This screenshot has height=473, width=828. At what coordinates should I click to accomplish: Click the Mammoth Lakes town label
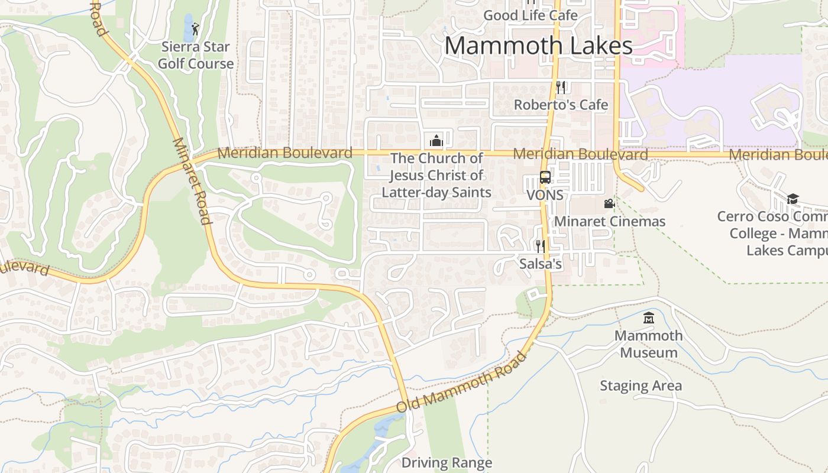tap(538, 46)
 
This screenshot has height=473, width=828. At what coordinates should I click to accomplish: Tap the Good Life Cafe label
tap(530, 15)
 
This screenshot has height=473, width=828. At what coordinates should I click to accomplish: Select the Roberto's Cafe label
tap(561, 105)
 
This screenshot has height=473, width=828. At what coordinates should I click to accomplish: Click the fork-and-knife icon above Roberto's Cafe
tap(561, 88)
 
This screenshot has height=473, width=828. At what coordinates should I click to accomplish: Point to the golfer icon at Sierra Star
tap(195, 28)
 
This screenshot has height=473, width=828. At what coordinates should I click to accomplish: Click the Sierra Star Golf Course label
tap(196, 55)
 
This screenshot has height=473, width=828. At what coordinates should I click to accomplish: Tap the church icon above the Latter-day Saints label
tap(436, 141)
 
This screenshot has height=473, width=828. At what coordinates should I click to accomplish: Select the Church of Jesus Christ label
tap(436, 175)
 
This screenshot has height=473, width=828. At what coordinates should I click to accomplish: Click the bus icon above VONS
tap(545, 177)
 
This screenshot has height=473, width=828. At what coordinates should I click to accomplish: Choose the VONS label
tap(545, 195)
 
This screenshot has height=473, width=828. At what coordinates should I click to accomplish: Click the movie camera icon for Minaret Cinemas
tap(609, 204)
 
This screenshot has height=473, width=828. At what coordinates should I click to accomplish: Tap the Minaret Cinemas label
tap(610, 221)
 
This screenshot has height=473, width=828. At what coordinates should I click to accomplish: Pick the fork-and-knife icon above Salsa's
tap(540, 246)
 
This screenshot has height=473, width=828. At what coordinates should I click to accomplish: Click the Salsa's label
tap(540, 264)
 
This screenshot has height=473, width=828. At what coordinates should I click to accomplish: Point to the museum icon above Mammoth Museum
tap(649, 318)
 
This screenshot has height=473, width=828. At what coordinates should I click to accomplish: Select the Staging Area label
tap(641, 386)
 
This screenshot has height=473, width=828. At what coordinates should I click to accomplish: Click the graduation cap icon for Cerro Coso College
tap(793, 199)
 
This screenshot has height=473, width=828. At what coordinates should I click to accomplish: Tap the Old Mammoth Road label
tap(461, 383)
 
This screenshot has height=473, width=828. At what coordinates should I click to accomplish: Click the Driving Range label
tap(447, 462)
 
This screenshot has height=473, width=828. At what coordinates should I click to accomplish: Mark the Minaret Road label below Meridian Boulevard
tap(192, 182)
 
